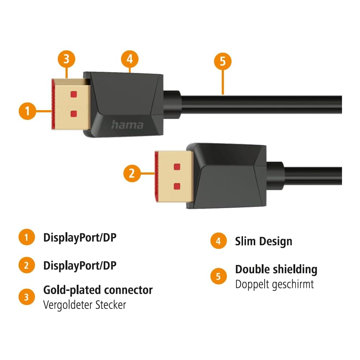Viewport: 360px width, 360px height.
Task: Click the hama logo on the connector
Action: (127, 125)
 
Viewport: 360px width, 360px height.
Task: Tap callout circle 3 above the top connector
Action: (66, 59)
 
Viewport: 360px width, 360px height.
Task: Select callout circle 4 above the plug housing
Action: (130, 59)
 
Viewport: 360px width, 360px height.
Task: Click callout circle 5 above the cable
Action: (222, 61)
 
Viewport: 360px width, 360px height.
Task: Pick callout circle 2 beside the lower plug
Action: (132, 174)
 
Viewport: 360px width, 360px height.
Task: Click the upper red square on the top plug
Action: (74, 95)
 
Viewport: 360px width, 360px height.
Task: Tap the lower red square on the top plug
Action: (74, 114)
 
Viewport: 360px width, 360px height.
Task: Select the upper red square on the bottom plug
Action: (177, 167)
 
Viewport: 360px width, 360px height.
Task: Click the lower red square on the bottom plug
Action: (177, 186)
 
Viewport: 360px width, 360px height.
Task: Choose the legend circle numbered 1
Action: (27, 238)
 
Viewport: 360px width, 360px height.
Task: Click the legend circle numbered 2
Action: (27, 266)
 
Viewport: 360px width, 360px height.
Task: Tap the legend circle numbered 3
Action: (27, 297)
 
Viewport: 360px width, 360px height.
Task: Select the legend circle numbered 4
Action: (219, 241)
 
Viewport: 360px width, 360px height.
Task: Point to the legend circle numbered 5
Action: (219, 276)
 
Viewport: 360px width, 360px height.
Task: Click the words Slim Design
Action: (264, 241)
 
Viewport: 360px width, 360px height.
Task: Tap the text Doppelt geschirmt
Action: (274, 284)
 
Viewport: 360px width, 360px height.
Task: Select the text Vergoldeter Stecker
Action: (85, 305)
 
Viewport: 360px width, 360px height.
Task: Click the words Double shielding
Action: (276, 269)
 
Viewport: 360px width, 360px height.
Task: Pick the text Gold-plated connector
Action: (98, 290)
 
